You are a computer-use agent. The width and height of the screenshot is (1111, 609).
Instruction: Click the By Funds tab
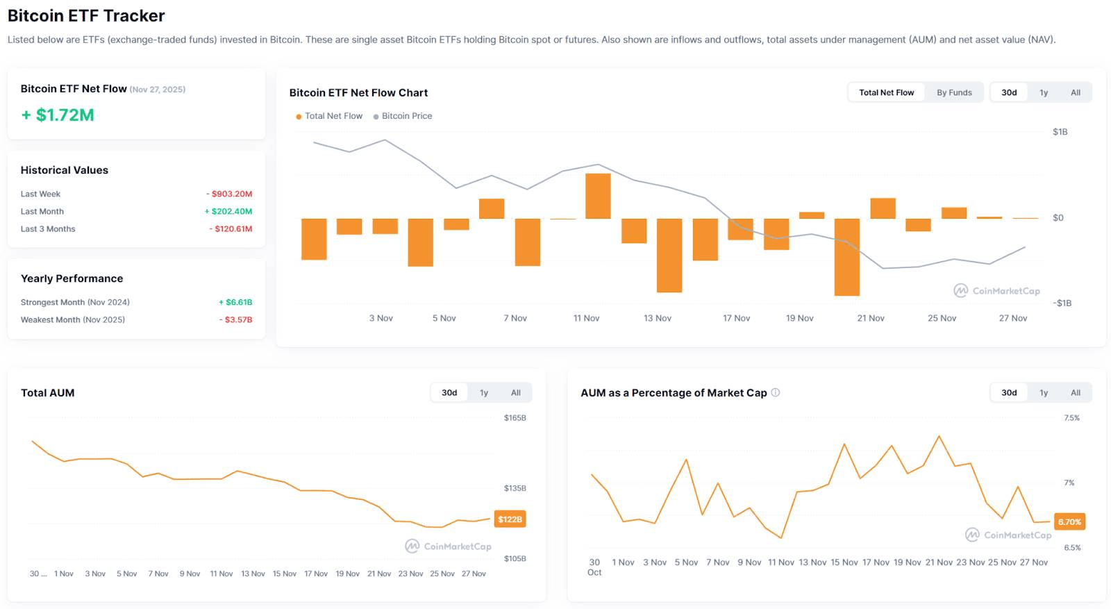point(954,92)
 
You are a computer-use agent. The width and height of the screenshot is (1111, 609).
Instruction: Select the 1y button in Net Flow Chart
point(1043,92)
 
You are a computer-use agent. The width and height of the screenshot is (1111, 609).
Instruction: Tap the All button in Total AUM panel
point(515,392)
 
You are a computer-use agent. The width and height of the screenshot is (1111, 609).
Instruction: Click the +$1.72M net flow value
point(58,115)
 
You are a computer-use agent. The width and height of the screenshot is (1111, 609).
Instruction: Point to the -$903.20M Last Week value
point(229,194)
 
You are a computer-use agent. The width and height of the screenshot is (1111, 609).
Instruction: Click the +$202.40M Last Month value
point(228,211)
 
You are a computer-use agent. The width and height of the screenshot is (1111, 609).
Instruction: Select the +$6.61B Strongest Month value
point(235,302)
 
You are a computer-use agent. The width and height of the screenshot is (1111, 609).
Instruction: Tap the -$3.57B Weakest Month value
point(236,319)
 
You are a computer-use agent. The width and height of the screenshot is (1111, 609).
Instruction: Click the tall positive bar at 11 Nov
point(598,196)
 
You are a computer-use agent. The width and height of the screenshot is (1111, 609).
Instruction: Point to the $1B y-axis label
point(1060,132)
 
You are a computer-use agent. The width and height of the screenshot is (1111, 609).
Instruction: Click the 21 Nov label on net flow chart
point(871,318)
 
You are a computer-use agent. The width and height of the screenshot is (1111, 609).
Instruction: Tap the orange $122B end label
point(510,519)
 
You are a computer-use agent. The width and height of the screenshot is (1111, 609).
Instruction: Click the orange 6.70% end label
point(1069,522)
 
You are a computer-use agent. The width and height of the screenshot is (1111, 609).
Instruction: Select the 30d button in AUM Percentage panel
point(1009,392)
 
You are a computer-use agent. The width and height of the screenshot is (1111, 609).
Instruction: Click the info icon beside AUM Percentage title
point(776,392)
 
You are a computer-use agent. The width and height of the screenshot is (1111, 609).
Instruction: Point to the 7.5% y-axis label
point(1071,418)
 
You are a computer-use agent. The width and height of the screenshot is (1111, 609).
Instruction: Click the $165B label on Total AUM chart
point(515,418)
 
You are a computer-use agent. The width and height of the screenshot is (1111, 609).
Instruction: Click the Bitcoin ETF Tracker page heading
point(86,15)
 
